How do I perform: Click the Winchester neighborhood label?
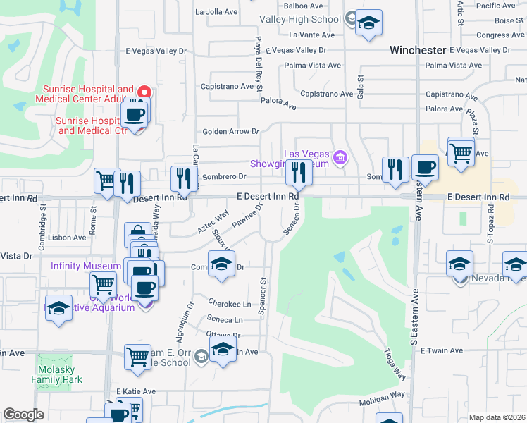(x=418, y=50)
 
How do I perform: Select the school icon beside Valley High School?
(x=368, y=23)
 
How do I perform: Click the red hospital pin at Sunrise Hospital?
(x=144, y=91)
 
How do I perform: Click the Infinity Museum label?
(x=86, y=266)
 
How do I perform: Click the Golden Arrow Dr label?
(x=231, y=131)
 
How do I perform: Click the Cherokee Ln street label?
(x=230, y=302)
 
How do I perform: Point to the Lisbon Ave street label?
(x=68, y=238)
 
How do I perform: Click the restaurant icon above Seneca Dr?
(x=299, y=172)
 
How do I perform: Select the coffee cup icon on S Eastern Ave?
(x=425, y=168)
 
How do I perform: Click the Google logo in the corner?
(x=24, y=415)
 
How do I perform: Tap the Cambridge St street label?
(x=43, y=218)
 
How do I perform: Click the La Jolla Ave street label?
(x=216, y=12)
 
